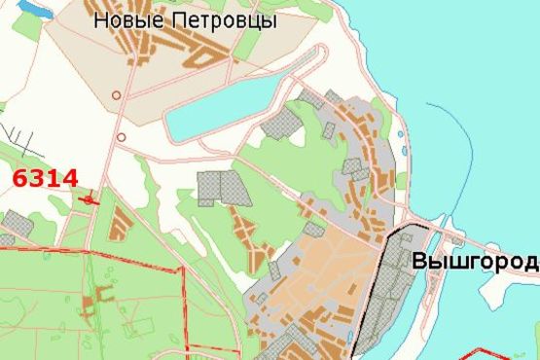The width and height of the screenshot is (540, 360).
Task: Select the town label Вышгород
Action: (475, 262)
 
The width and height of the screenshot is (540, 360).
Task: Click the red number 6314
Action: (45, 178)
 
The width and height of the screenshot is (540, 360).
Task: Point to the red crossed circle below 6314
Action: (90, 199)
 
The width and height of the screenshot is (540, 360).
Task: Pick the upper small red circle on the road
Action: (117, 95)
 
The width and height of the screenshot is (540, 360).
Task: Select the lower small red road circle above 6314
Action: (121, 137)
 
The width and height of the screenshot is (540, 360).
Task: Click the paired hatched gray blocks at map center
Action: (223, 189)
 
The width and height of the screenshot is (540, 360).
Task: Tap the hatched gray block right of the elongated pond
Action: (283, 124)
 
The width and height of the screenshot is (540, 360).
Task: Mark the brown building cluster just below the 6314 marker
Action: (118, 224)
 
